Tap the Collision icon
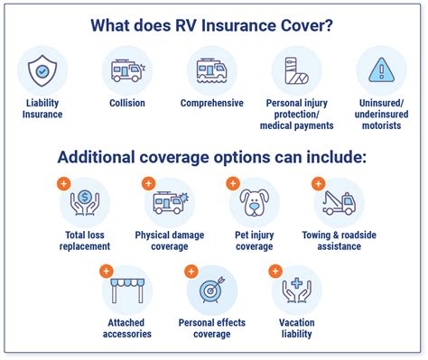pyautogui.click(x=126, y=70)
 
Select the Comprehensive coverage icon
pyautogui.click(x=212, y=70)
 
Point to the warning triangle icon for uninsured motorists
pyautogui.click(x=381, y=70)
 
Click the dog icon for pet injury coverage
pyautogui.click(x=255, y=202)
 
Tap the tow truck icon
pyautogui.click(x=339, y=202)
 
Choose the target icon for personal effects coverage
pyautogui.click(x=212, y=290)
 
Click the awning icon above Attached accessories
pyautogui.click(x=127, y=290)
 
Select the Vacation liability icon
pyautogui.click(x=296, y=290)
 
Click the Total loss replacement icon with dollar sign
pyautogui.click(x=85, y=202)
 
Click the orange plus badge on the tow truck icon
pyautogui.click(x=319, y=183)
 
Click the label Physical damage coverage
pyautogui.click(x=169, y=240)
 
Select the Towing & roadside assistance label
pyautogui.click(x=340, y=240)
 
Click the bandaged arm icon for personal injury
pyautogui.click(x=296, y=70)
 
